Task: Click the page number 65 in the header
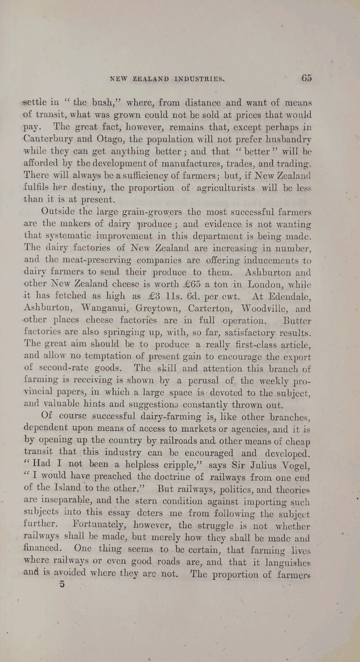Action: point(307,78)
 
